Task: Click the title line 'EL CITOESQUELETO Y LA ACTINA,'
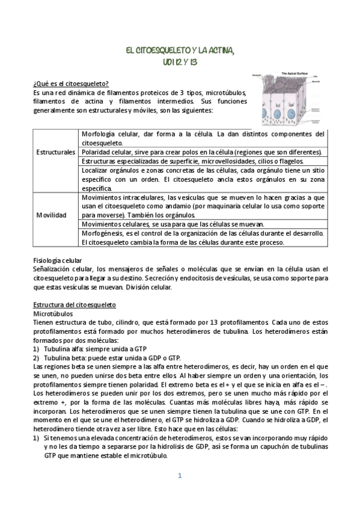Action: coord(180,52)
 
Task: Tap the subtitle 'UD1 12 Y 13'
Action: coord(180,61)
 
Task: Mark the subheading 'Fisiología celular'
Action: coord(60,260)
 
